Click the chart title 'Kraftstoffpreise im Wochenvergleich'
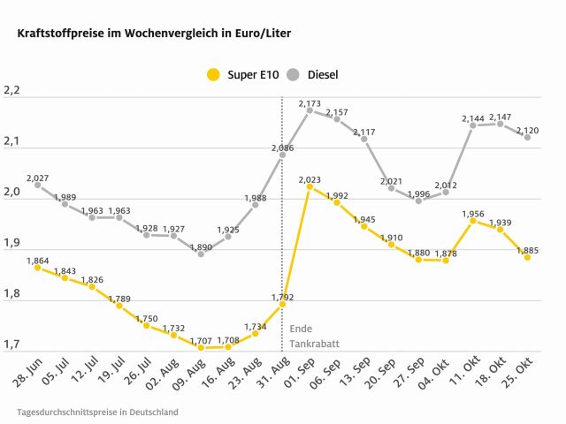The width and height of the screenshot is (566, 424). click(x=149, y=34)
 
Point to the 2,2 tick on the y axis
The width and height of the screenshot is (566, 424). click(x=11, y=90)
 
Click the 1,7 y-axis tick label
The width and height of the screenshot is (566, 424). click(x=11, y=344)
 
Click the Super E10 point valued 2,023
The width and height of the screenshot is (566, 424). click(x=310, y=186)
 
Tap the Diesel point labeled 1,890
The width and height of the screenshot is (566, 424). click(x=201, y=254)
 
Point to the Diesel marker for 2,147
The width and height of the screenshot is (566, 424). click(x=501, y=124)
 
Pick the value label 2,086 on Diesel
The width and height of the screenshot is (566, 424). click(x=282, y=148)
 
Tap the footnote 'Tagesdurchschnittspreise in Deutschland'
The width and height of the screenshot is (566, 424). click(x=97, y=412)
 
